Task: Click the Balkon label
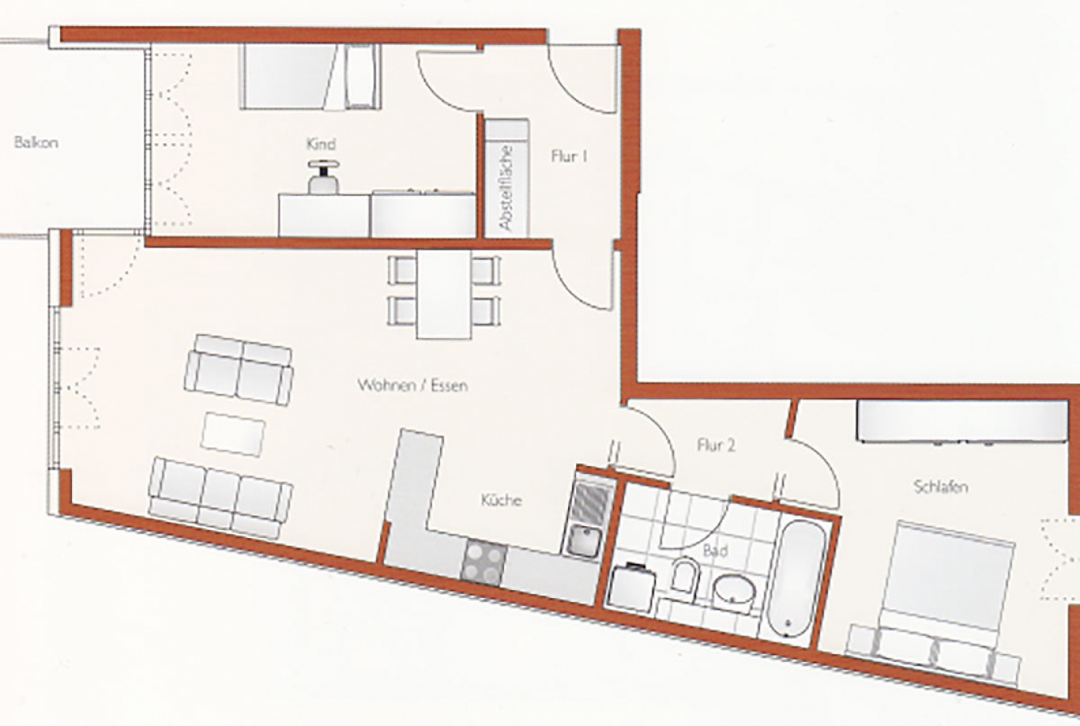[36, 143]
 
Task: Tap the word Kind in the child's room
[321, 144]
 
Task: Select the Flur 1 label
[569, 157]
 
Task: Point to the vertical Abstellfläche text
[506, 188]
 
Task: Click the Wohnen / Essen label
[413, 386]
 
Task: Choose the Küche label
[501, 500]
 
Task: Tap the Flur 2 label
[716, 446]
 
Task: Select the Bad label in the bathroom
[715, 550]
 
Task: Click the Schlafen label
[941, 487]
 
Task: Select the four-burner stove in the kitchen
[484, 563]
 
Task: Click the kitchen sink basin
[584, 541]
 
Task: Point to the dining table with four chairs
[444, 294]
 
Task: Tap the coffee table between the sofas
[233, 434]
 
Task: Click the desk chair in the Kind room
[323, 177]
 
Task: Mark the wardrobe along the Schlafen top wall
[962, 420]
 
